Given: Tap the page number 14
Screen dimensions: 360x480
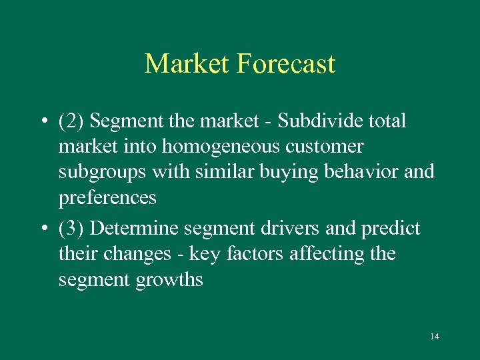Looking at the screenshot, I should pos(435,337).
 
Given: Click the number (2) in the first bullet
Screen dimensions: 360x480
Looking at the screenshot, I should pos(71,121).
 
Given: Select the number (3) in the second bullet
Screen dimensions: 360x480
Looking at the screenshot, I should pos(71,229).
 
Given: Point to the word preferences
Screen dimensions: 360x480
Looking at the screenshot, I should pos(107,198).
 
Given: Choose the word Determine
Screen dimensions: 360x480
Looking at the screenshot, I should pos(136,229).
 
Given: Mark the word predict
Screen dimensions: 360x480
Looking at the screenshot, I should pos(390,229).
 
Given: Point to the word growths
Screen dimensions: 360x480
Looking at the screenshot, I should pos(169,280).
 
